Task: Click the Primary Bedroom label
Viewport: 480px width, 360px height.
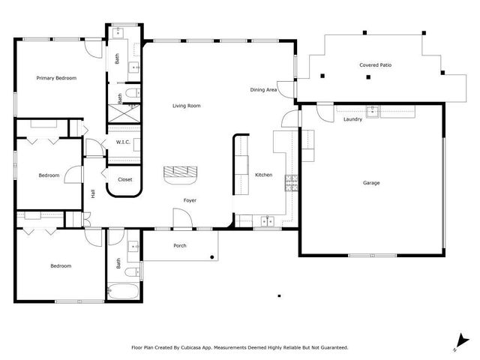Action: pyautogui.click(x=57, y=78)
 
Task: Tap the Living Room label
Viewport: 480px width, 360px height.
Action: pyautogui.click(x=187, y=106)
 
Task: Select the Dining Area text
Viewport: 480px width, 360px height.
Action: pyautogui.click(x=264, y=90)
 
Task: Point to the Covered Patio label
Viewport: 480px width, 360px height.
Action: pyautogui.click(x=375, y=65)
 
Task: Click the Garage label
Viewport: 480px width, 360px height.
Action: pyautogui.click(x=371, y=183)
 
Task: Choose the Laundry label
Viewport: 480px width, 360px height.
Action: pyautogui.click(x=352, y=119)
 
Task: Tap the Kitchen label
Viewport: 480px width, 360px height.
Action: pyautogui.click(x=263, y=175)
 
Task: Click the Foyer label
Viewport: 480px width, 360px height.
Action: pyautogui.click(x=190, y=200)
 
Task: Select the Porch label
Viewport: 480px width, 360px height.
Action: pyautogui.click(x=180, y=246)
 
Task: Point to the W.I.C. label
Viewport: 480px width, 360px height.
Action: pyautogui.click(x=123, y=142)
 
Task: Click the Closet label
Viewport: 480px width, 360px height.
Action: pyautogui.click(x=125, y=179)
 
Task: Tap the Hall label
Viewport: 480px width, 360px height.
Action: pyautogui.click(x=93, y=193)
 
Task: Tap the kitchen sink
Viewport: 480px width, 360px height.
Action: pyautogui.click(x=267, y=220)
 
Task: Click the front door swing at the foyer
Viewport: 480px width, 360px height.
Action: pyautogui.click(x=182, y=218)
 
